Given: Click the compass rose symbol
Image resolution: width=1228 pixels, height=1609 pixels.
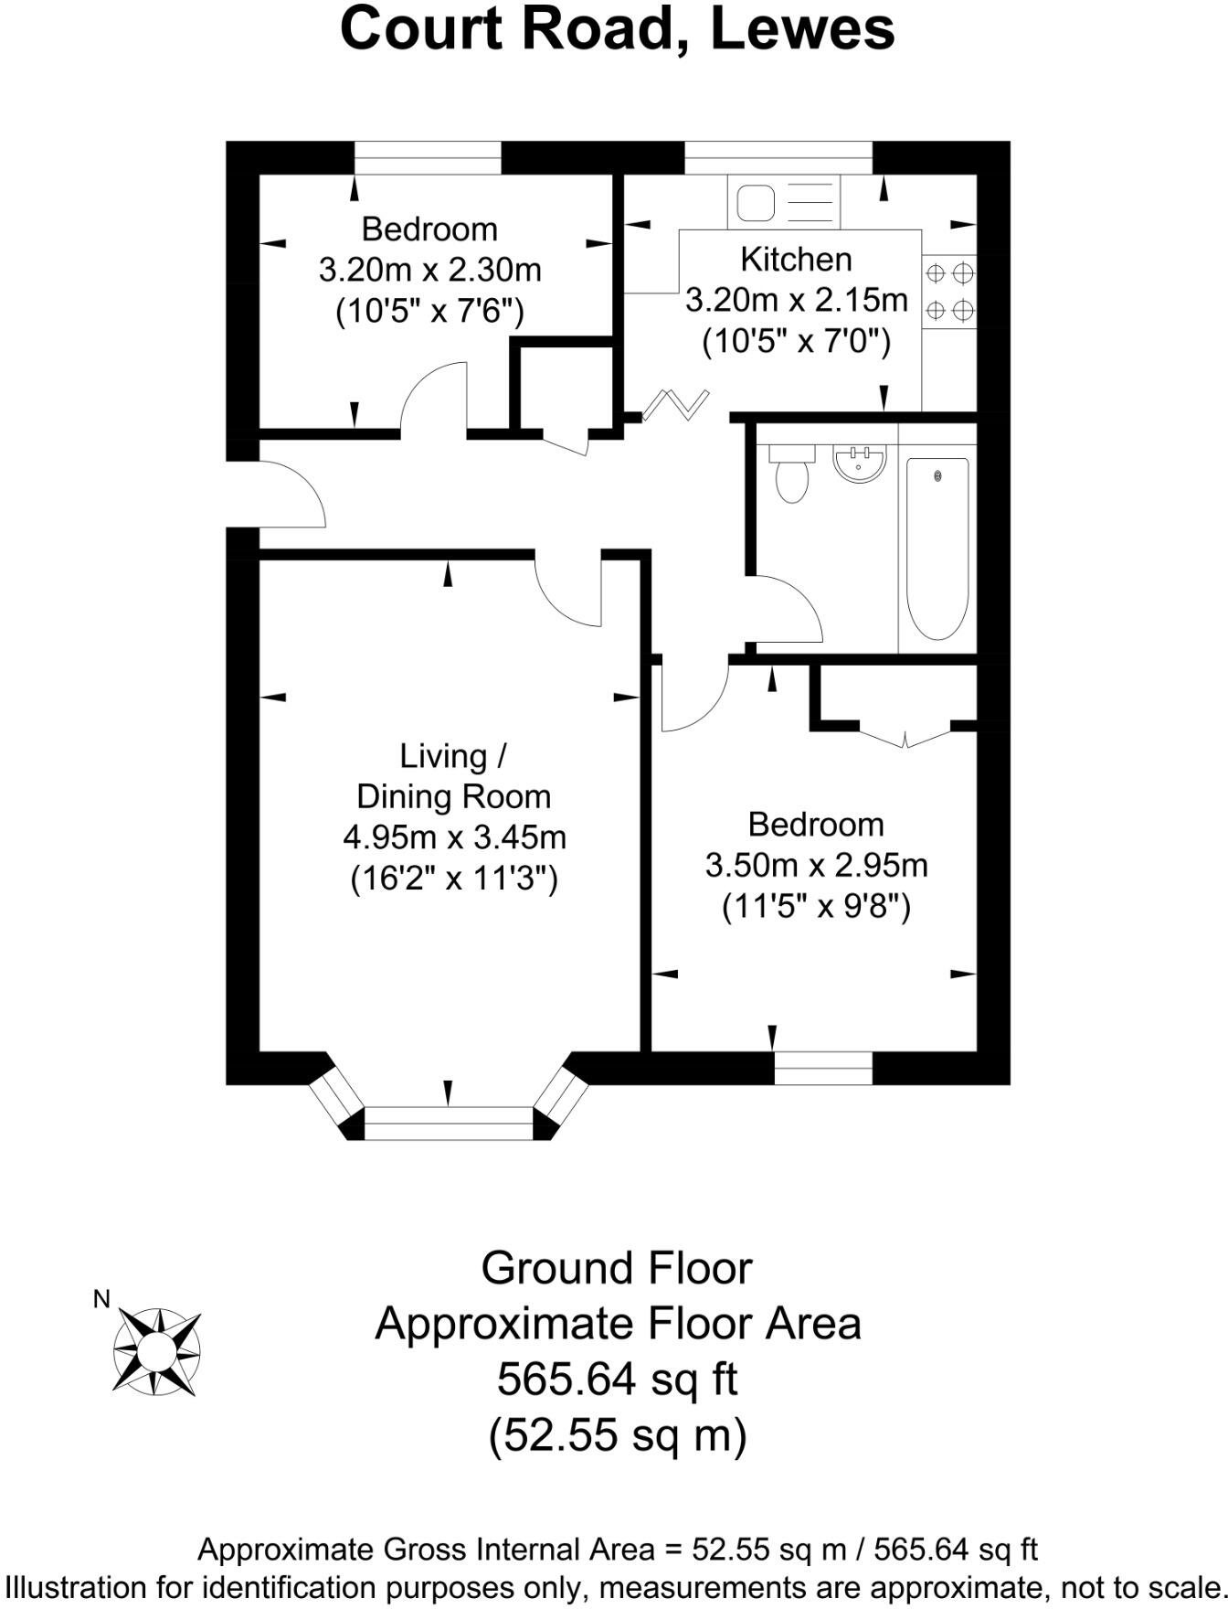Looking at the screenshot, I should (156, 1351).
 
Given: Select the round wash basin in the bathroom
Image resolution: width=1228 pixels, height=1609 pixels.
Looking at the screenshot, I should (859, 462).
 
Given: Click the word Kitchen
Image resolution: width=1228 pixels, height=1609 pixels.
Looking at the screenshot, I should (796, 260).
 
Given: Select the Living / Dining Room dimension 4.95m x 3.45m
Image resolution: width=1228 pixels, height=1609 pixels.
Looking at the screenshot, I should (454, 836).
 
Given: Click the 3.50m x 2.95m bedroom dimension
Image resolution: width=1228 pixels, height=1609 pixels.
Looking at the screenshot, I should (816, 865).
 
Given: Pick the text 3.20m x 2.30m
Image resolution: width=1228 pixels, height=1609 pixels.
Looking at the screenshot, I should (429, 271).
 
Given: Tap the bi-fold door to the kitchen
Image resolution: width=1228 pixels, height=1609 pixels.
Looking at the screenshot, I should (676, 404).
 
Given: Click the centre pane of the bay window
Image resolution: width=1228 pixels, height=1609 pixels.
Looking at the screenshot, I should (448, 1122).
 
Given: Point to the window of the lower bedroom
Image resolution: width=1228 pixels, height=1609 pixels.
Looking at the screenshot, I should (823, 1068).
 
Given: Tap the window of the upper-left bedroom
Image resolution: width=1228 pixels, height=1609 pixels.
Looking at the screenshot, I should (428, 158).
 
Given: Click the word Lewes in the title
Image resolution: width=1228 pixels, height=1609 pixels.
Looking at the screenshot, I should (801, 29).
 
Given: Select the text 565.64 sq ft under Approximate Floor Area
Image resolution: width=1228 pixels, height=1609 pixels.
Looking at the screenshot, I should (617, 1379).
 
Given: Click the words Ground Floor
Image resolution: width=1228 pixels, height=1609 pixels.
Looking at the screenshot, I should (617, 1269).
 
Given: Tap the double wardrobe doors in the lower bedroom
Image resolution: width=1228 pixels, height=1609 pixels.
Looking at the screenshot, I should (905, 734).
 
